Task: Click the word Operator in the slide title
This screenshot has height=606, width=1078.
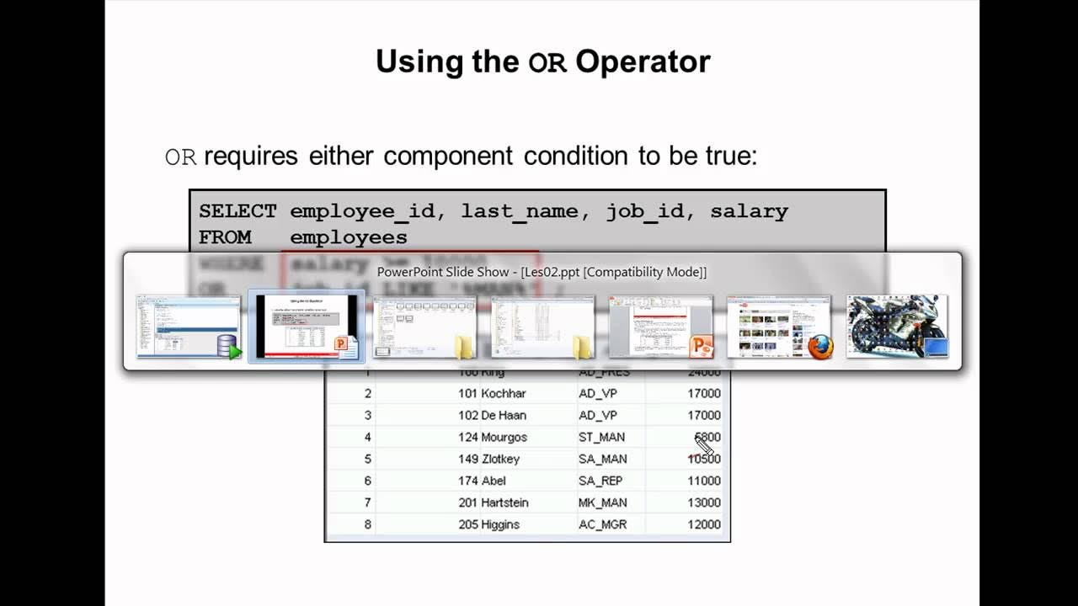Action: click(643, 61)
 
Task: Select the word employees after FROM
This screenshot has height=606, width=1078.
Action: click(349, 237)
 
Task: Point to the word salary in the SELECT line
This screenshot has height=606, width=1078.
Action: click(749, 211)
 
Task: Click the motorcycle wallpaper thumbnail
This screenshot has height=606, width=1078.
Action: click(897, 327)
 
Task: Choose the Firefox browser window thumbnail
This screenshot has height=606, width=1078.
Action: click(779, 327)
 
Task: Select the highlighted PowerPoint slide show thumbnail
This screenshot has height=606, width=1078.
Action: click(307, 327)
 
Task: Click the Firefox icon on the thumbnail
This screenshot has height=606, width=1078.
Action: click(819, 347)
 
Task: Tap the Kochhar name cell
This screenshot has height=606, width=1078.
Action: click(504, 393)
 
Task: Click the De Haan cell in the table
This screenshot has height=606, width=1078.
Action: click(504, 415)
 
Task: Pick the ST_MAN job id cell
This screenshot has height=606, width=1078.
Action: click(601, 437)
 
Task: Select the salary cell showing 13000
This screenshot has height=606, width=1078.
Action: click(703, 502)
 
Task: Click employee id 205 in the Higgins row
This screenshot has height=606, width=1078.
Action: click(467, 524)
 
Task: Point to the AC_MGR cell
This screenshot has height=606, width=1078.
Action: click(603, 524)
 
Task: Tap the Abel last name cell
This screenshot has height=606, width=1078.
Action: click(494, 481)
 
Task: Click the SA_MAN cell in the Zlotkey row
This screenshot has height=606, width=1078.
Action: click(602, 459)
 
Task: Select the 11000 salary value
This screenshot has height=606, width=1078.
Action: click(703, 481)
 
